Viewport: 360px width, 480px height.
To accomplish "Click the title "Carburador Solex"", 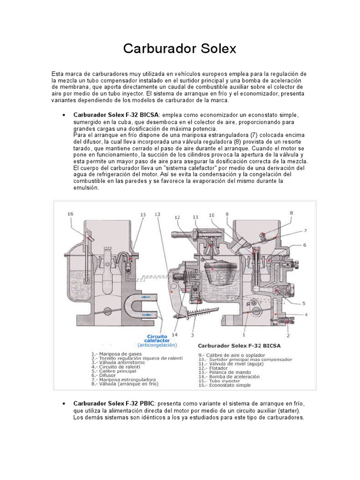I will (180, 49).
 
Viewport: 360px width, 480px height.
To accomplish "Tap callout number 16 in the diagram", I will (70, 214).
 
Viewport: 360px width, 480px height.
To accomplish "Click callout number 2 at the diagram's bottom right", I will (288, 335).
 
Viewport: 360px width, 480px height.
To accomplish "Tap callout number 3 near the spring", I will (192, 335).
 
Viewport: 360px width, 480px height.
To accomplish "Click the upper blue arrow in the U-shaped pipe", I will (145, 297).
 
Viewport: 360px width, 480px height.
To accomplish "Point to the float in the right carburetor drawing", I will (217, 269).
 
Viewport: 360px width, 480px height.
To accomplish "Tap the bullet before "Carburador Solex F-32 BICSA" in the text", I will (63, 115).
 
